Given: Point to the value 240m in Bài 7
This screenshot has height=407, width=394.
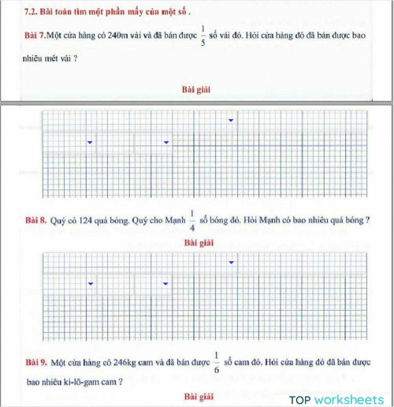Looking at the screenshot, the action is [x=104, y=36].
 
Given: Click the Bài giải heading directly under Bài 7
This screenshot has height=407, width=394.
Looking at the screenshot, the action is [x=196, y=89].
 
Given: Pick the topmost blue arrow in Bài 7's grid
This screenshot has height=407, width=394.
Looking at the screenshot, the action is [x=231, y=121].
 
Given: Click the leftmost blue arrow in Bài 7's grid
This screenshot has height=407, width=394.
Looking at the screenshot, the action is [x=91, y=142].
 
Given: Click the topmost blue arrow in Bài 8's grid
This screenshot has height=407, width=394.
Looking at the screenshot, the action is [x=231, y=262].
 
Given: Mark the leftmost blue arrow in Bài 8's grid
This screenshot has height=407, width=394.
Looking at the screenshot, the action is [x=91, y=283].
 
